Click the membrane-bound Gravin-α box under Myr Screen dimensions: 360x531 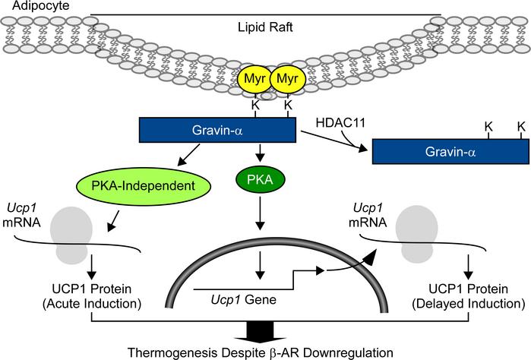pos(217,131)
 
